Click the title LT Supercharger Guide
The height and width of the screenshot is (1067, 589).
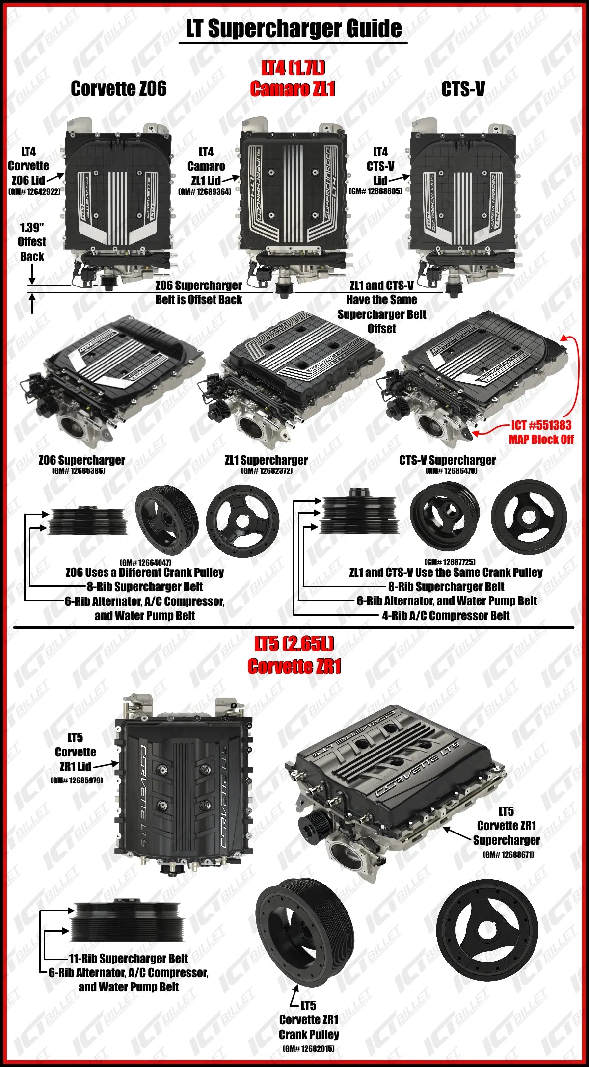(294, 28)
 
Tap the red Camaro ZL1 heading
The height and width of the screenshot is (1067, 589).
(293, 89)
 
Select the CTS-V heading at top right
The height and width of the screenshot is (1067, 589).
(463, 89)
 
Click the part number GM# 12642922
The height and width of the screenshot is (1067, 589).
(34, 192)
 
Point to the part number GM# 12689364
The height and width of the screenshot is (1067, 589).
(205, 192)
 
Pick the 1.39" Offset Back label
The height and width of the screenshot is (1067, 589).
(32, 242)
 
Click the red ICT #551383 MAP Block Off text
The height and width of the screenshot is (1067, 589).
(541, 432)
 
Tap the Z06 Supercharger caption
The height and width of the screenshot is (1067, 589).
(82, 460)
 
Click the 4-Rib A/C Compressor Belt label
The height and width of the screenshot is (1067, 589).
(446, 615)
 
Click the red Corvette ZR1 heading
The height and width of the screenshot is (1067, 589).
(294, 666)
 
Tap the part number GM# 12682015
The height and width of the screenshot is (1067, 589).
(309, 1049)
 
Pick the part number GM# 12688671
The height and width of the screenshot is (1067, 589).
(509, 854)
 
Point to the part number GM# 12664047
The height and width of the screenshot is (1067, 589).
(145, 562)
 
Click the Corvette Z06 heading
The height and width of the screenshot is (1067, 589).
(119, 89)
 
